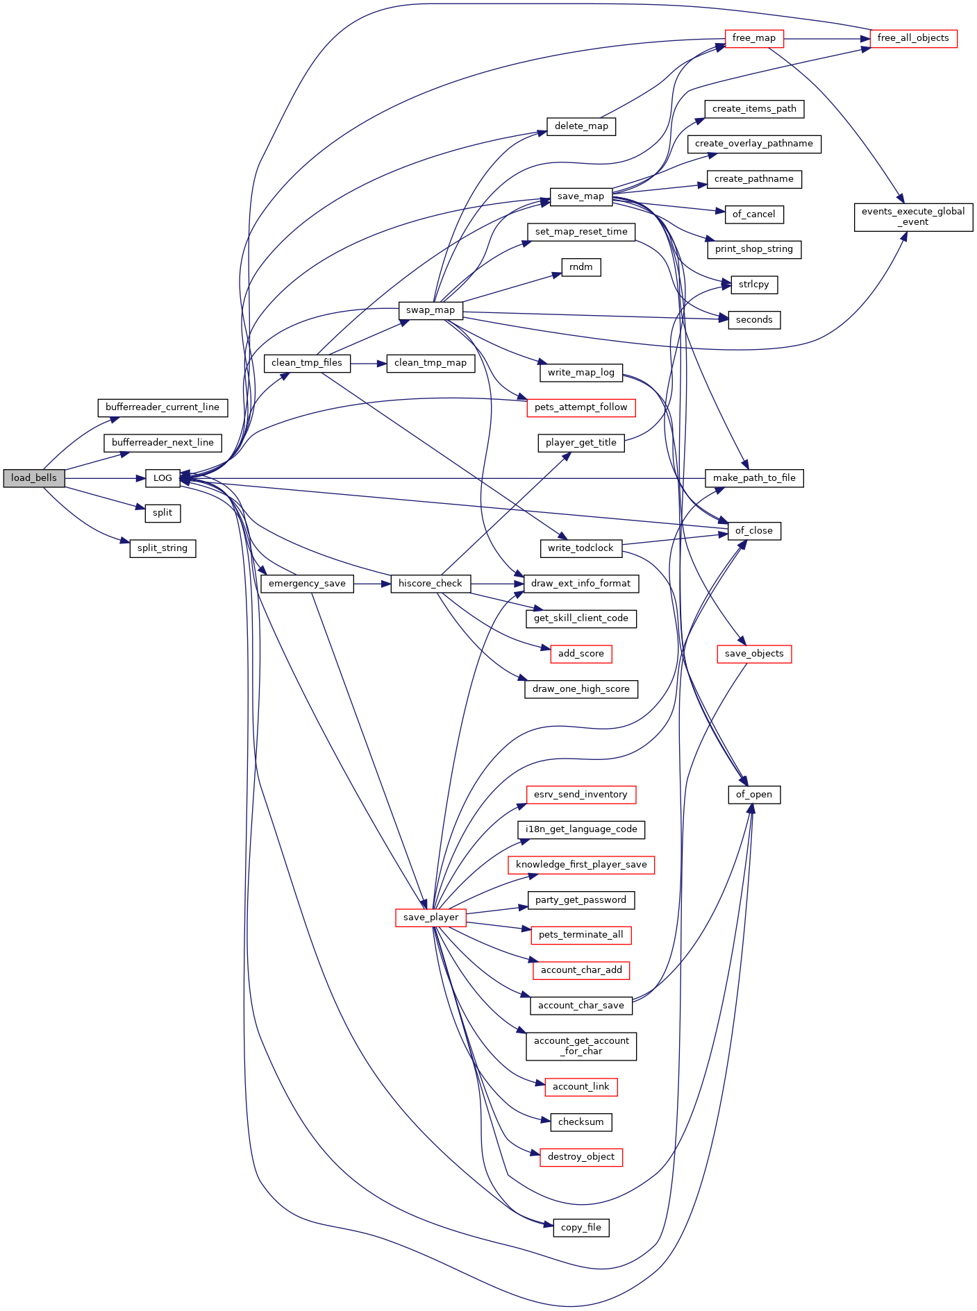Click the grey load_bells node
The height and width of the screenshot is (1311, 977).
[x=33, y=478]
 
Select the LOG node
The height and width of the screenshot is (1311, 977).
[x=162, y=478]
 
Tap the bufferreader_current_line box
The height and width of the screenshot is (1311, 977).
[x=162, y=407]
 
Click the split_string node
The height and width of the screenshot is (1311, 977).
[x=162, y=548]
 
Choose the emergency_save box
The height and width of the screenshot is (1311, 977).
[x=307, y=584]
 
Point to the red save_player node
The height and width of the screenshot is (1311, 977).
[x=431, y=917]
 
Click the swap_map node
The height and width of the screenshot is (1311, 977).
[x=431, y=310]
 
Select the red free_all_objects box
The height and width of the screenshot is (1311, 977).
[x=912, y=38]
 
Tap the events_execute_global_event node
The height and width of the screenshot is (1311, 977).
[x=912, y=217]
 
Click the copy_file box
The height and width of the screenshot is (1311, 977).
[x=581, y=1228]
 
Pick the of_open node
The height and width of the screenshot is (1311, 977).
[x=753, y=795]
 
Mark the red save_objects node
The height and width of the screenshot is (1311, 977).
[x=753, y=654]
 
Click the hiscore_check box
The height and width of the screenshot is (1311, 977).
[x=430, y=584]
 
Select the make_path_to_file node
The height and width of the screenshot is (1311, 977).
[x=754, y=478]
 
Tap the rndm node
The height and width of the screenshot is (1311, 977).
[x=581, y=267]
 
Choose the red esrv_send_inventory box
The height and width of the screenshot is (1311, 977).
[x=581, y=795]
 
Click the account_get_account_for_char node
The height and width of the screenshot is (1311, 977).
[x=581, y=1046]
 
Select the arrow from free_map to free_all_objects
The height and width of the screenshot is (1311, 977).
[x=826, y=38]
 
